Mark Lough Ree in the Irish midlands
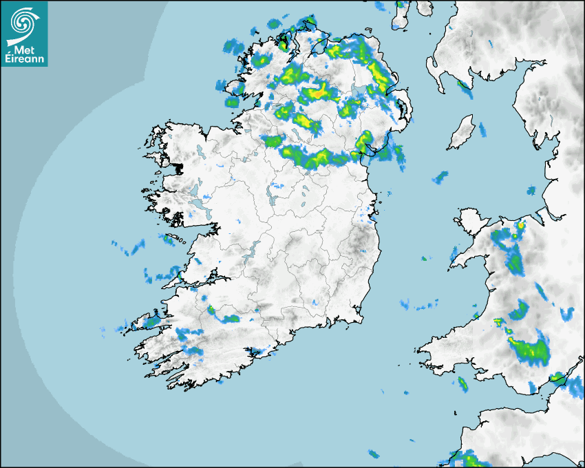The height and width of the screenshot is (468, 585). pos(273,200)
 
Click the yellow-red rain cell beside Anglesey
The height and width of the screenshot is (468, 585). pos(521,225)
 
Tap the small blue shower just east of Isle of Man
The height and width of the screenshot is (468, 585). pos(482,129)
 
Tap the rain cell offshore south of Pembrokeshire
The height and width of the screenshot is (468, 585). pos(462,383)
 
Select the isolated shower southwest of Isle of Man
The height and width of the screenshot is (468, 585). pos(440,178)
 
